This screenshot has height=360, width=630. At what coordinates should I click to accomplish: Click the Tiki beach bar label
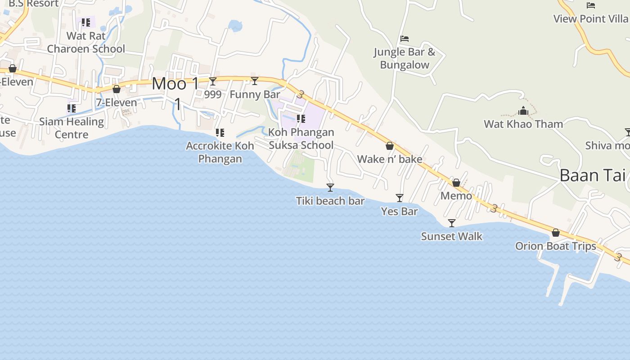(330, 201)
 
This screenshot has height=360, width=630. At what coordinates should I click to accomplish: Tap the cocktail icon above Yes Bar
(399, 198)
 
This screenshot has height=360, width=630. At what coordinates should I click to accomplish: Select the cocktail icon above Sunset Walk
(452, 223)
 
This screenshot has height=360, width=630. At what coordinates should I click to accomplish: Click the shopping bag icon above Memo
(456, 183)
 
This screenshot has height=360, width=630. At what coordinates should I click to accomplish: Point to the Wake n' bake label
(390, 159)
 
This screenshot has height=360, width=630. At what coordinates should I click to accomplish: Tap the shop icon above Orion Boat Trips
(556, 233)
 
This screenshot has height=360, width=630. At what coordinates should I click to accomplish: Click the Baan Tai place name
(592, 175)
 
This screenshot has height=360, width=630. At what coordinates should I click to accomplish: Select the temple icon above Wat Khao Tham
(523, 111)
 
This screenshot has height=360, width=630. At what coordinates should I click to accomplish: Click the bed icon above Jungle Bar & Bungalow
(405, 39)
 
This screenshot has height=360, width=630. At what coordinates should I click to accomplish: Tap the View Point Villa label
(590, 19)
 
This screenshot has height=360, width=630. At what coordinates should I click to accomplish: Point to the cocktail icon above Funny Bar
(255, 81)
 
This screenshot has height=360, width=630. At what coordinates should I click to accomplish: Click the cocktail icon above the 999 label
(213, 81)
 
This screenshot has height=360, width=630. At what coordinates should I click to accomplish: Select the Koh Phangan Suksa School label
(301, 139)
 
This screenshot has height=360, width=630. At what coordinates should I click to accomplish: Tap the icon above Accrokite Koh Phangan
(220, 133)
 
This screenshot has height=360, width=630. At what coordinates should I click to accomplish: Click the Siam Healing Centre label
(72, 128)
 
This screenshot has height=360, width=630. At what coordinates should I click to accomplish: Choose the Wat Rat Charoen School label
(86, 42)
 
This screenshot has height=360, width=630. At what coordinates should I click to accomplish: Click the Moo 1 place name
(175, 84)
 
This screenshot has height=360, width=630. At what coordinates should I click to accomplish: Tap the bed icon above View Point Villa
(591, 5)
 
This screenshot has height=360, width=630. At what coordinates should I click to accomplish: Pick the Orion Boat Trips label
(556, 246)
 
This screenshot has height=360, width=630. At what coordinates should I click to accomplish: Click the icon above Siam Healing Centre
(72, 108)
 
